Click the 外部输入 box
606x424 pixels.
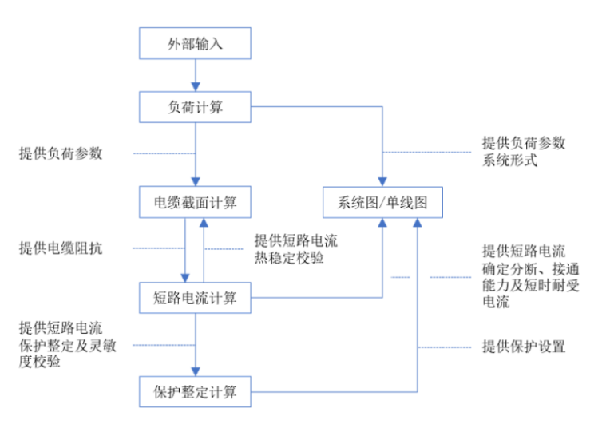[196, 43]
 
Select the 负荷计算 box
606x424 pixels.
[196, 108]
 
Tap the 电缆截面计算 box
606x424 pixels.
[196, 202]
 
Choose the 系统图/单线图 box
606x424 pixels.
[382, 202]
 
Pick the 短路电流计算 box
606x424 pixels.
[196, 298]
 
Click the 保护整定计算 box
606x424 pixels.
[196, 392]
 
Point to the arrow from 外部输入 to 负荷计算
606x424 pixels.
[196, 75]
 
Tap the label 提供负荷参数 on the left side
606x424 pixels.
[61, 153]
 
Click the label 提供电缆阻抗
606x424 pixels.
[61, 248]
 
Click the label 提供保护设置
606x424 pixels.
[523, 347]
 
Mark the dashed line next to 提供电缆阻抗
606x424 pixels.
[147, 248]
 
